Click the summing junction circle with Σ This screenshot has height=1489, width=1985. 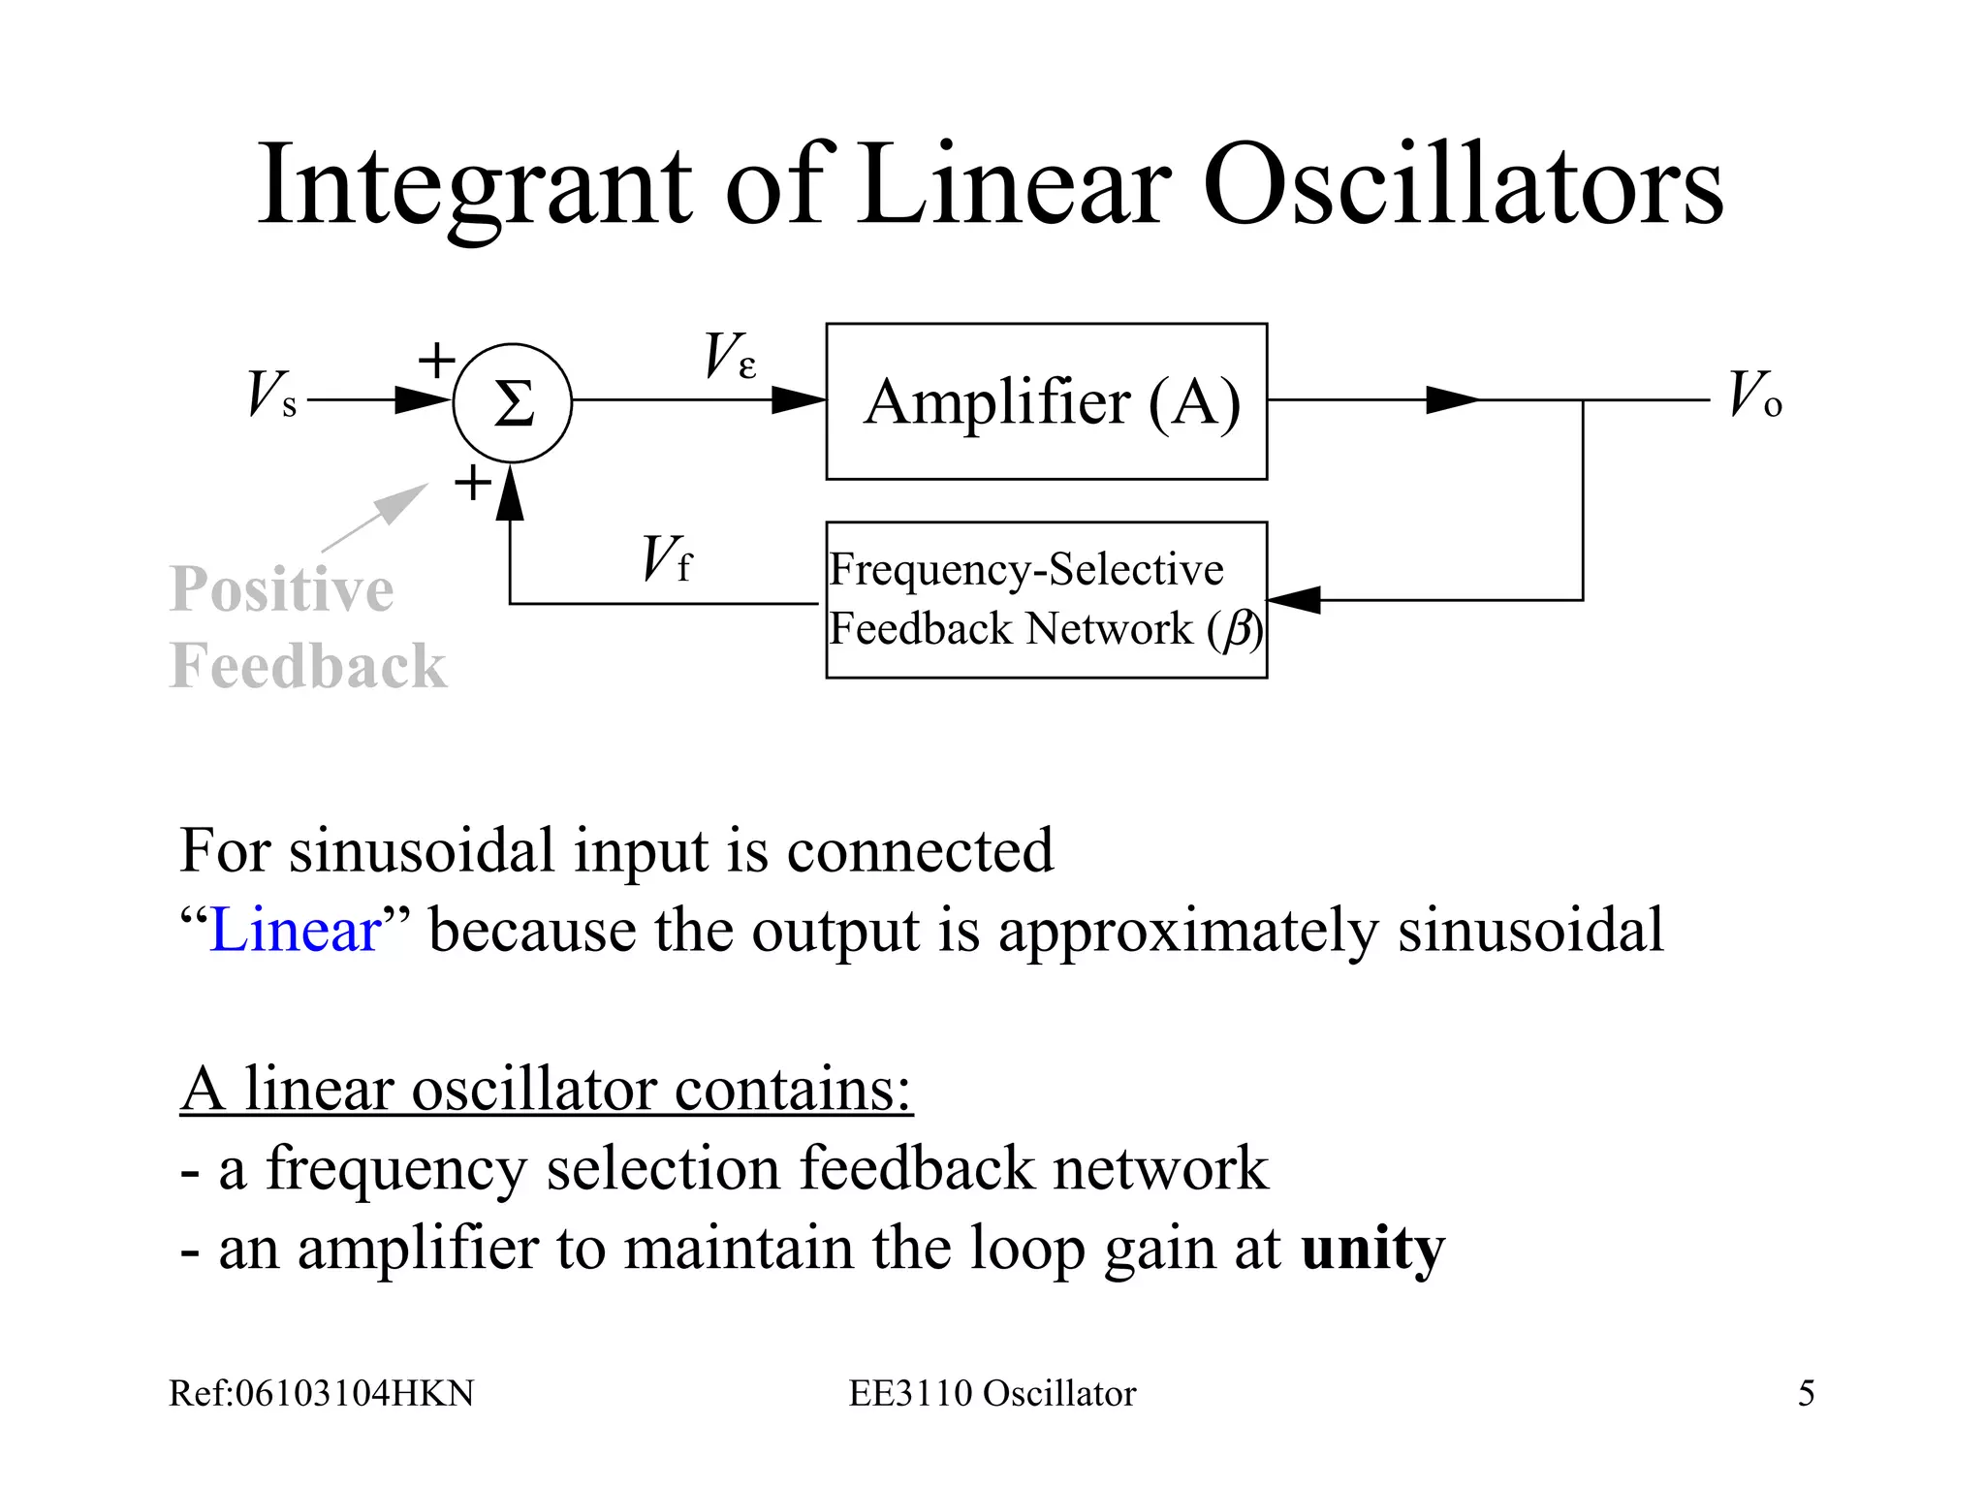[x=512, y=402]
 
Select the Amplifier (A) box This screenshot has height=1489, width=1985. [x=1046, y=401]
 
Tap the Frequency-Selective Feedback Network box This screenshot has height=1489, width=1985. [x=1046, y=599]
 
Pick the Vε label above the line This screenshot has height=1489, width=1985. [x=729, y=356]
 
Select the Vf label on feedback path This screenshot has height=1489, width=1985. [x=667, y=559]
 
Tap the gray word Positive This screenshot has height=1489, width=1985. [x=282, y=589]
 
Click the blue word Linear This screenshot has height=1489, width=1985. [x=295, y=930]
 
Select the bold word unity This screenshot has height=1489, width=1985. [x=1371, y=1248]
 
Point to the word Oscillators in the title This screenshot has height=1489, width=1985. [x=1463, y=184]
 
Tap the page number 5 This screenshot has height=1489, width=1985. [x=1806, y=1393]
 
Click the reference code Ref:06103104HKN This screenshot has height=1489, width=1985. [x=321, y=1393]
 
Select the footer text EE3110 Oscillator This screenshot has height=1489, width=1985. [x=992, y=1393]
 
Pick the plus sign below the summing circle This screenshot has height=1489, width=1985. [x=473, y=482]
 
